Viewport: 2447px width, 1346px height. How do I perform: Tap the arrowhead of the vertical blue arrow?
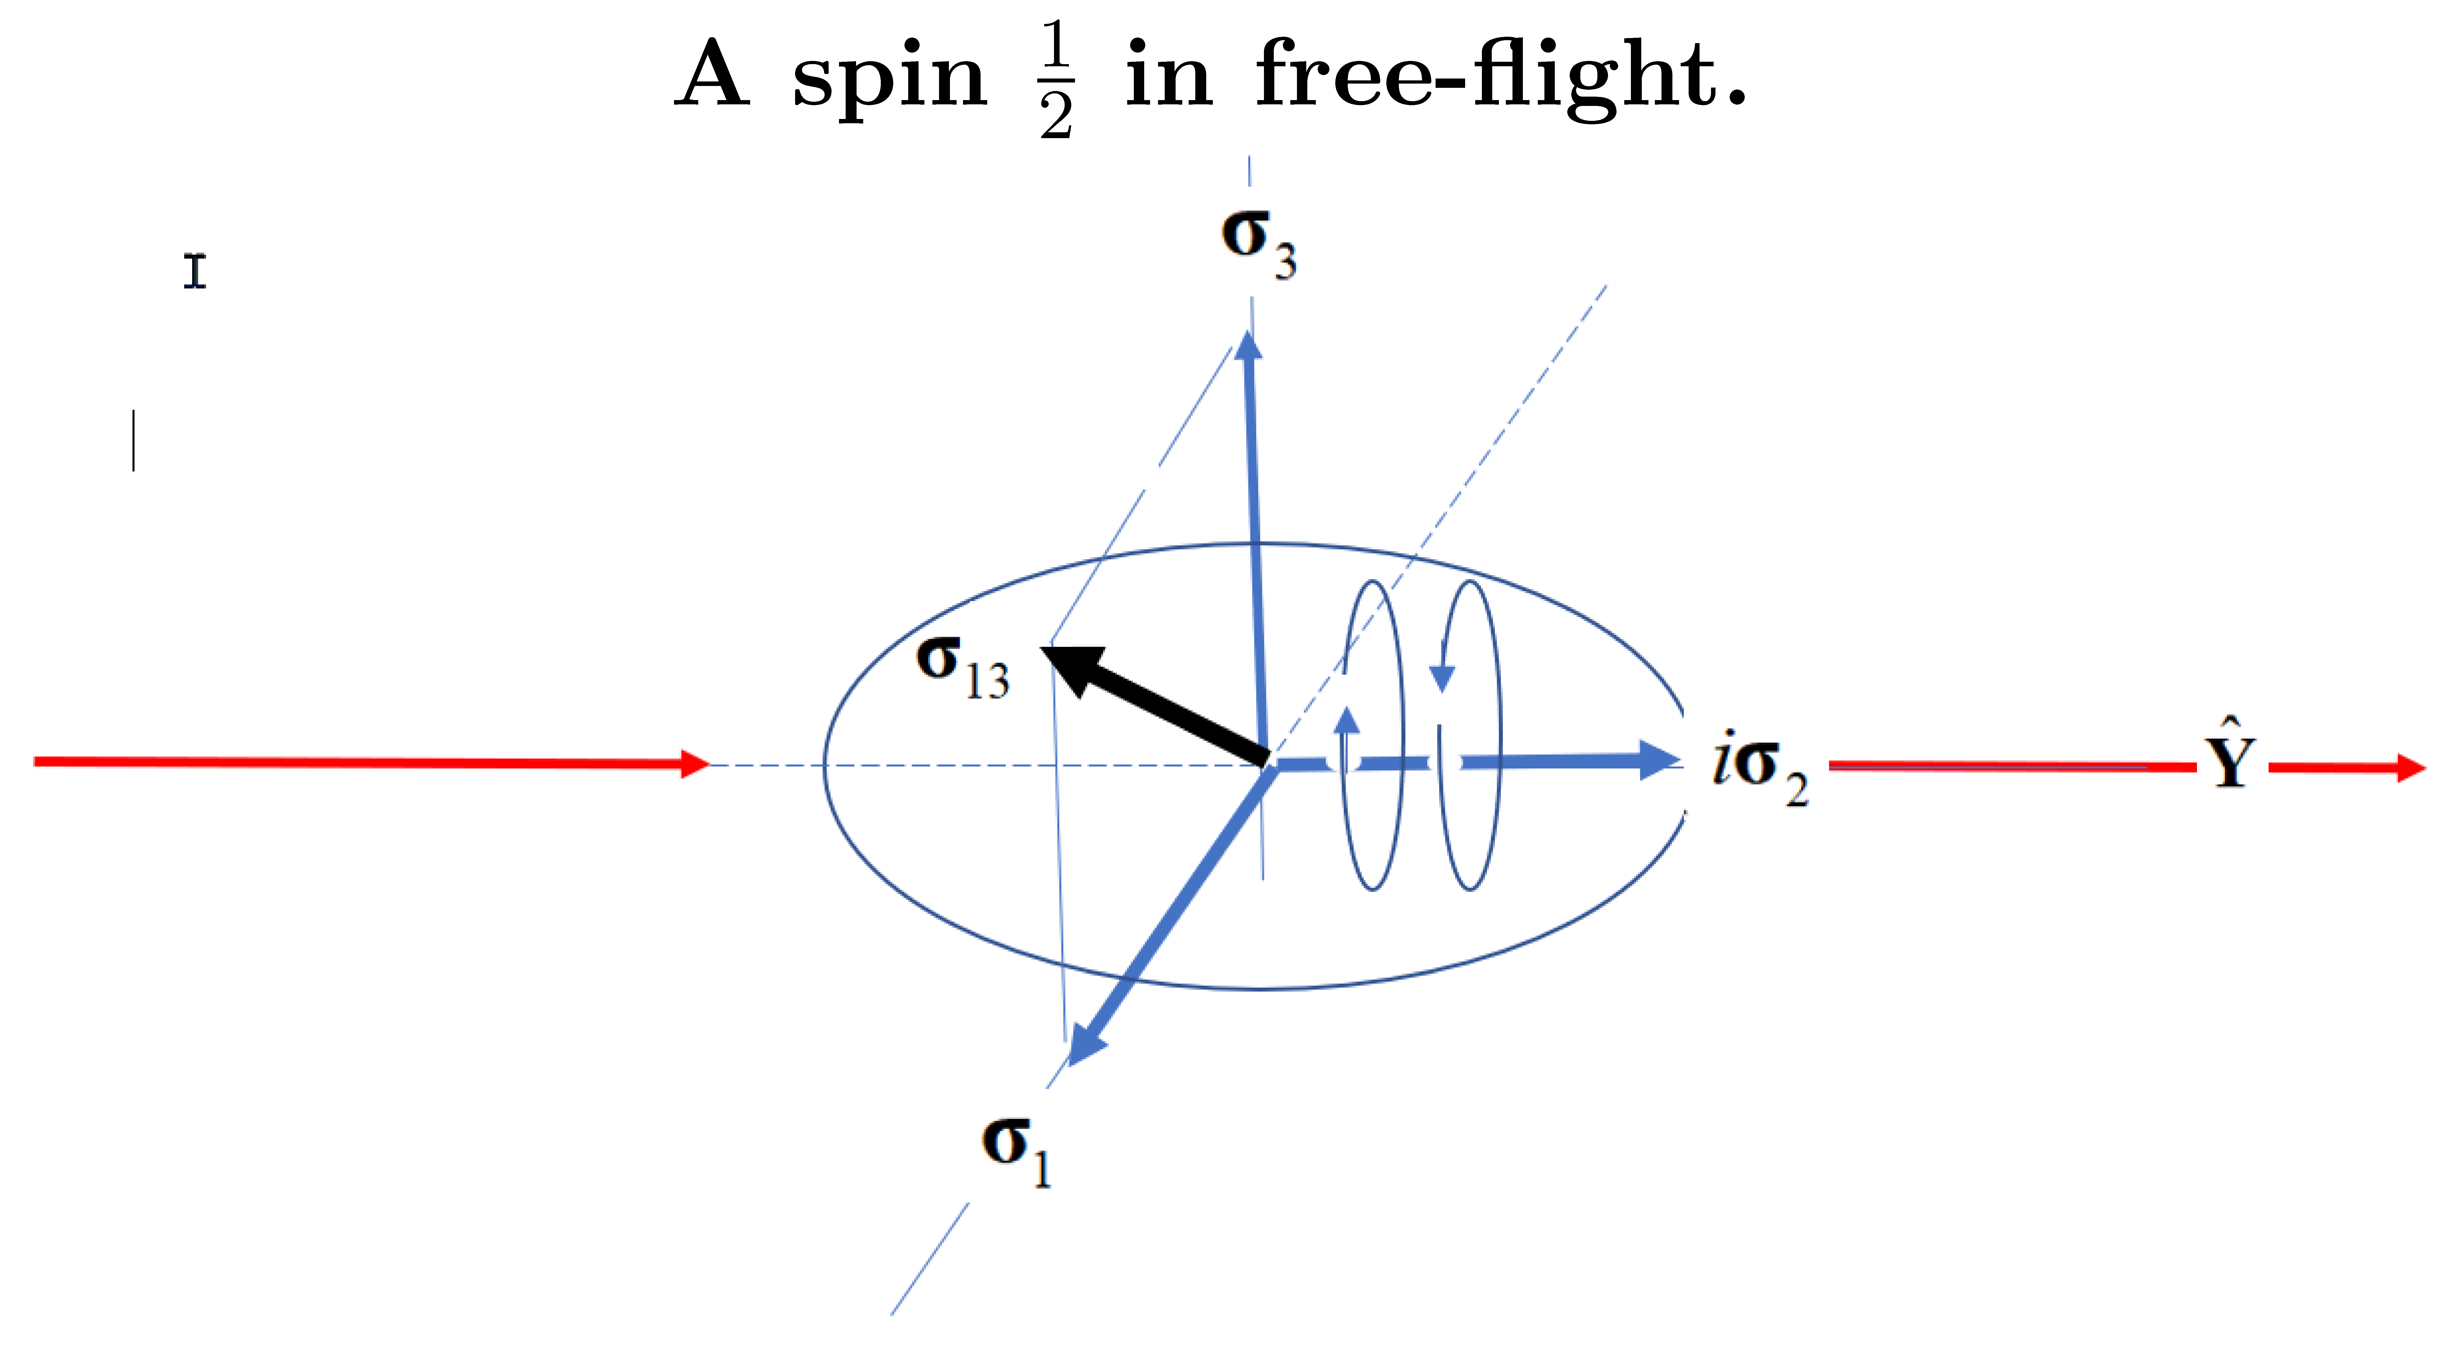1249,345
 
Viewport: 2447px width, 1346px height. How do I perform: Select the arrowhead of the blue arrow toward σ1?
1086,1045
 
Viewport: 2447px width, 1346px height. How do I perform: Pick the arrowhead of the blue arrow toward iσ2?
1657,760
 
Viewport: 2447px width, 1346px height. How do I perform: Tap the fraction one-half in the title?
1056,81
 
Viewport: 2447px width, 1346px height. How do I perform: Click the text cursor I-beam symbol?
195,272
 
